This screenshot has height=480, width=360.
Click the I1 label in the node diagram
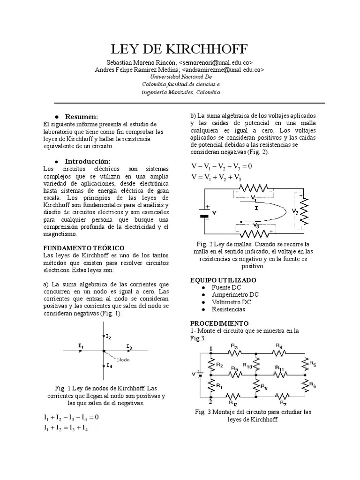click(x=81, y=345)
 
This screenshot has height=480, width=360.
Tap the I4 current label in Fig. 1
click(x=109, y=365)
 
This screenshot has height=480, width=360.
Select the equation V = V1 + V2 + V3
click(x=216, y=177)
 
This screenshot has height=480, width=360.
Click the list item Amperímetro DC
click(x=235, y=294)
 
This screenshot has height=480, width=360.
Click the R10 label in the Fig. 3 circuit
click(x=247, y=365)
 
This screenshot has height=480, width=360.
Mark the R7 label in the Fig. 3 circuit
click(x=283, y=402)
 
